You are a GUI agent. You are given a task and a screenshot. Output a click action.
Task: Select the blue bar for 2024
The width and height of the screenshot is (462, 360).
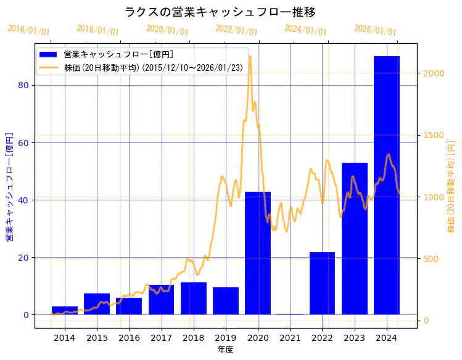coord(386,185)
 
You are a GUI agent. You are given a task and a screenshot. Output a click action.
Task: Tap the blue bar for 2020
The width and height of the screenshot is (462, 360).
coord(258,253)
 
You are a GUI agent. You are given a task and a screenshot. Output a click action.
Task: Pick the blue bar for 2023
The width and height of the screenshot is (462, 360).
coord(354,239)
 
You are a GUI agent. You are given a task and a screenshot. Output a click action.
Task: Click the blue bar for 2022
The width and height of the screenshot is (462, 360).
coord(322,283)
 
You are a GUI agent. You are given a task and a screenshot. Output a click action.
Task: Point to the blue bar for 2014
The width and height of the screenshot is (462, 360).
coord(65,310)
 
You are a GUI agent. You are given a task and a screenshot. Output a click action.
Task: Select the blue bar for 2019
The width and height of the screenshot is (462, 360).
coord(226,301)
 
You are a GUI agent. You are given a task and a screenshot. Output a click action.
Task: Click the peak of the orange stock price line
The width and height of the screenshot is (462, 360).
coord(250,56)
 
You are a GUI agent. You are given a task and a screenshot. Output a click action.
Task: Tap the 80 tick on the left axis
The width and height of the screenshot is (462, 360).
coord(25,85)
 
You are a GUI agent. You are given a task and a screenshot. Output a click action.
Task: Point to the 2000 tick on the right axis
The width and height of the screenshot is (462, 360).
coord(434,73)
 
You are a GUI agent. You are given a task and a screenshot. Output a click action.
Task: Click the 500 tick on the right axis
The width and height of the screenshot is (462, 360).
coord(431,259)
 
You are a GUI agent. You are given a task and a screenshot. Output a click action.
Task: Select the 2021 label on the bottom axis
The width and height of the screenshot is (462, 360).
coord(290,338)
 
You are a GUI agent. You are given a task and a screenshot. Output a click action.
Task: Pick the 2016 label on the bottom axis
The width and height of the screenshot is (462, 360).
coord(129,338)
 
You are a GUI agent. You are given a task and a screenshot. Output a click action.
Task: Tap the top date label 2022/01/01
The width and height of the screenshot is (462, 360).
coord(236,30)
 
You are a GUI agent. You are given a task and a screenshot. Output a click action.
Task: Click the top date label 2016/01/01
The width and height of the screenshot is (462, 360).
coord(28,30)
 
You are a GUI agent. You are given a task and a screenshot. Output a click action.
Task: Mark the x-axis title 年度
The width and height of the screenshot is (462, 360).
coord(225,350)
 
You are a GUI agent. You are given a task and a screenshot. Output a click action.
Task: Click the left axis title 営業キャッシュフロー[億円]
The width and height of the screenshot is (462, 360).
coord(9,186)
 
